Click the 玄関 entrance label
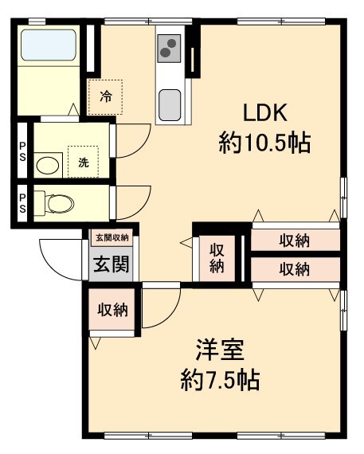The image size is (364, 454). click(x=112, y=264)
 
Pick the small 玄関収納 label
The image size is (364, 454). click(x=112, y=237)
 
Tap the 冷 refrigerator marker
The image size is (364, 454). click(x=105, y=97)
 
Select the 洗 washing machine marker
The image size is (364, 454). click(x=82, y=162)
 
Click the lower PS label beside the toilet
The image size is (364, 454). click(x=22, y=203)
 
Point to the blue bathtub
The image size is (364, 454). click(x=48, y=45)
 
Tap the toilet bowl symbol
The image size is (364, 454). click(x=58, y=204)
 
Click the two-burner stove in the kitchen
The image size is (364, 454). click(x=169, y=51)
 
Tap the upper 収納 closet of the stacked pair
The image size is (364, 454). click(x=295, y=240)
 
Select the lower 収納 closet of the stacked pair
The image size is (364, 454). click(x=295, y=269)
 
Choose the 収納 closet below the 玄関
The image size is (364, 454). click(x=112, y=310)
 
